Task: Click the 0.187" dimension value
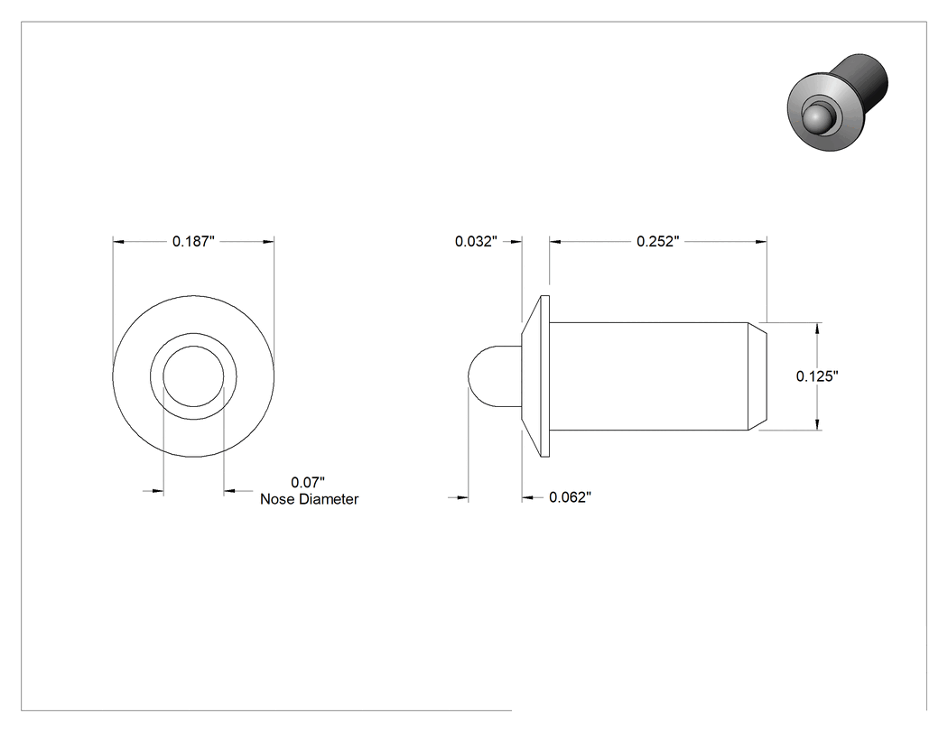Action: tap(193, 242)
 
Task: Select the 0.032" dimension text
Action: tap(476, 242)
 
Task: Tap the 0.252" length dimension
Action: tap(658, 242)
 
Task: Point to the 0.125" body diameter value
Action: tap(817, 376)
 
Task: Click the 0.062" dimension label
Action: tap(570, 497)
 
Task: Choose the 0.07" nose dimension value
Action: tap(308, 482)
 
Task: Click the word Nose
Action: tap(276, 499)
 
